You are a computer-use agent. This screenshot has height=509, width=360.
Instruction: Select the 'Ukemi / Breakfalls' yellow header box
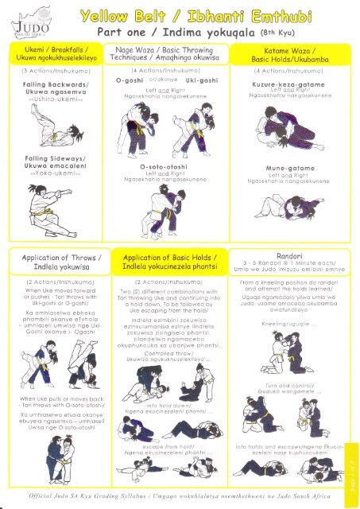point(56,56)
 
